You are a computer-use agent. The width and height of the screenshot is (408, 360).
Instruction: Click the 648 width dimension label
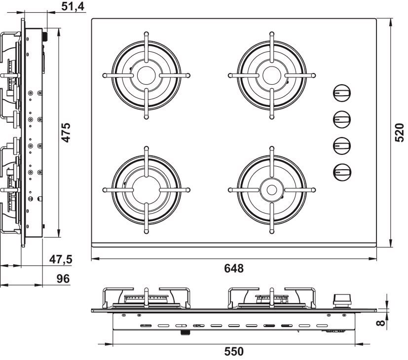pos(234,268)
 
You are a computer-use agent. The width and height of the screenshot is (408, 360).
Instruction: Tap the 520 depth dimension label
pos(400,133)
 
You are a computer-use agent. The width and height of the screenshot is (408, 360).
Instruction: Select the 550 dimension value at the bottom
pos(234,352)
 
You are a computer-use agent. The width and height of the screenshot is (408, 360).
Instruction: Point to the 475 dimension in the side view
pos(66,132)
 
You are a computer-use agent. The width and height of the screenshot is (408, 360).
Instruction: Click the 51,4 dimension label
pos(73,6)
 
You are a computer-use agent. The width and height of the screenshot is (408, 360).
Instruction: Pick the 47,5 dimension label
pos(61,259)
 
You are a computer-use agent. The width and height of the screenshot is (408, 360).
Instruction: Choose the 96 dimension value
pos(63,279)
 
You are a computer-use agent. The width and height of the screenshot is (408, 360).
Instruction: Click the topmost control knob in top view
pos(342,93)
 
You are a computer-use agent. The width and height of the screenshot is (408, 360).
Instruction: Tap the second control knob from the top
pos(342,119)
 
